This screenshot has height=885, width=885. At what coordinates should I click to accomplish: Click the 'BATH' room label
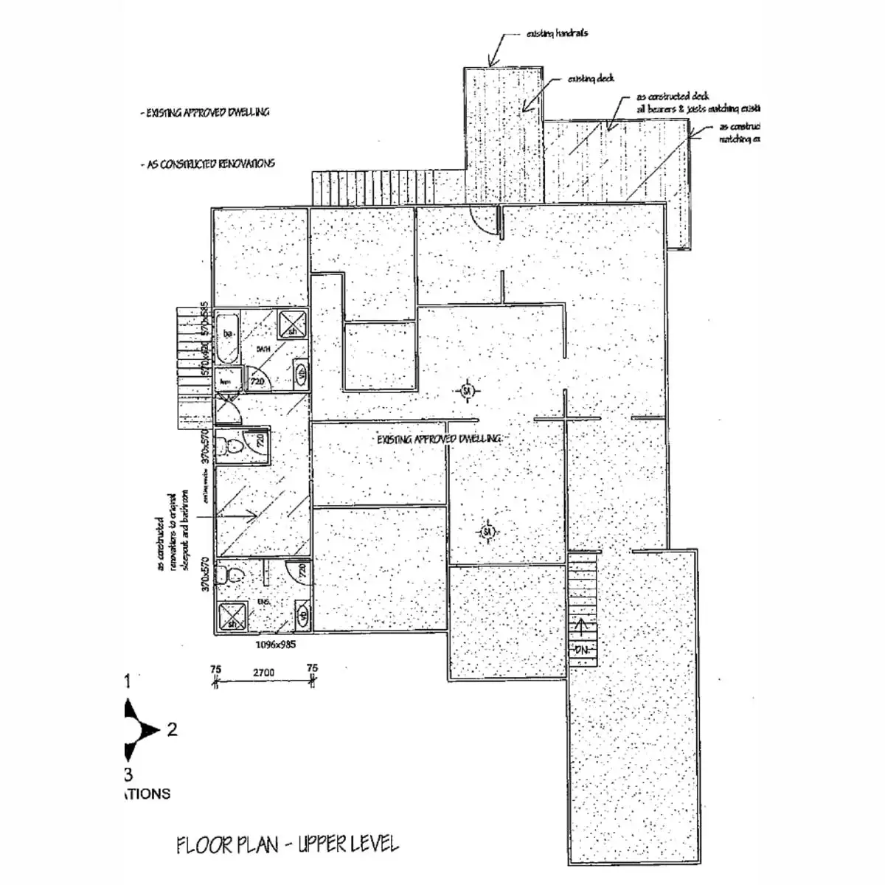(x=263, y=347)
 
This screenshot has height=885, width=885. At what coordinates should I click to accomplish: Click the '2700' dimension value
(x=263, y=673)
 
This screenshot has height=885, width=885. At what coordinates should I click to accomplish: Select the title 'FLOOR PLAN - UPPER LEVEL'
(x=288, y=844)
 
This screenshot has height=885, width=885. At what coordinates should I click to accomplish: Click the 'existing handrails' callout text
(x=557, y=34)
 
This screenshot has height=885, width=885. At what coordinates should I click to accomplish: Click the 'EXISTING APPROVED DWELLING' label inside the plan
(x=440, y=439)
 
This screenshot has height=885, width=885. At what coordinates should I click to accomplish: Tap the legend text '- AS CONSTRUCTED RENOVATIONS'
(x=208, y=164)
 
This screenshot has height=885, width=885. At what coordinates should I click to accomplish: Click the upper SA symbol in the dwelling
(x=466, y=392)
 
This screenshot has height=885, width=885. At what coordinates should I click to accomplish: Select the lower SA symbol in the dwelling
(x=486, y=531)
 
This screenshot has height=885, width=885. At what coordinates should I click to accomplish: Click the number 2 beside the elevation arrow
(x=172, y=730)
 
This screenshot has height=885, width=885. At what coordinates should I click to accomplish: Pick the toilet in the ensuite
(x=233, y=574)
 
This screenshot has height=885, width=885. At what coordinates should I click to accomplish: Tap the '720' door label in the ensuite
(x=301, y=570)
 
